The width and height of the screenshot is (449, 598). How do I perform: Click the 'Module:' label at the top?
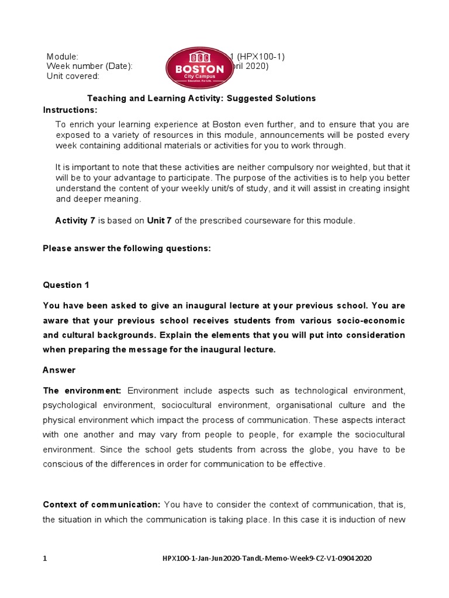[x=63, y=57]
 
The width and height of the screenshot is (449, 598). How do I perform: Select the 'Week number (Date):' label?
[x=89, y=66]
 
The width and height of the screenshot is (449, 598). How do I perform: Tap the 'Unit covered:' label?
[x=73, y=76]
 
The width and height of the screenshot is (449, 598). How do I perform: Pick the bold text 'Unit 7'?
[x=159, y=221]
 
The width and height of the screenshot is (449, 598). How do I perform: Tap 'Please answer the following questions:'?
[x=127, y=248]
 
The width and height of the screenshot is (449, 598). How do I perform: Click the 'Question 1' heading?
[x=66, y=285]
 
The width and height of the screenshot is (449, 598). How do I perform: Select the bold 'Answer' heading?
[x=59, y=370]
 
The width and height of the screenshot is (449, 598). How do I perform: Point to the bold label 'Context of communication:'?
[x=101, y=504]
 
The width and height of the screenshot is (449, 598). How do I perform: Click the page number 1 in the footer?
[x=45, y=559]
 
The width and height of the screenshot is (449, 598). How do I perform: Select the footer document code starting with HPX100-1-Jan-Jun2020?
[x=266, y=559]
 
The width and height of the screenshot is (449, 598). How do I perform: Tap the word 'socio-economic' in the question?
[x=375, y=321]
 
